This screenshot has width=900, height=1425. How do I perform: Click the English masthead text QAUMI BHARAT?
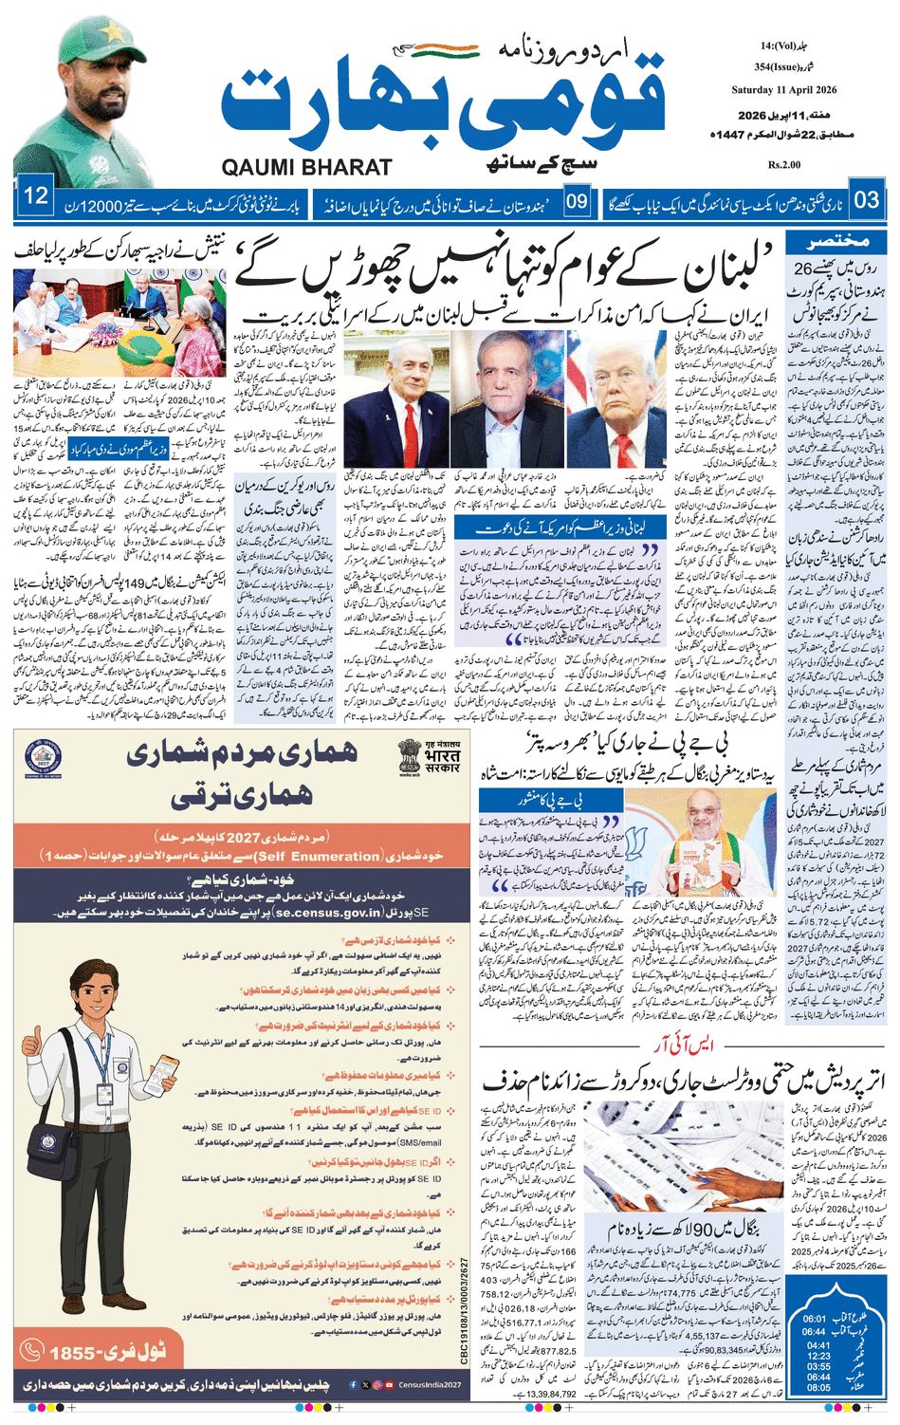coord(306,167)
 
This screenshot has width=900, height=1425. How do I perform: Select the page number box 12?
coord(36,197)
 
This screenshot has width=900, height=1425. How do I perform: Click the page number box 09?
coord(578,201)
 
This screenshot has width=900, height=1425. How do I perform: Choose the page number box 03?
coord(866,199)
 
